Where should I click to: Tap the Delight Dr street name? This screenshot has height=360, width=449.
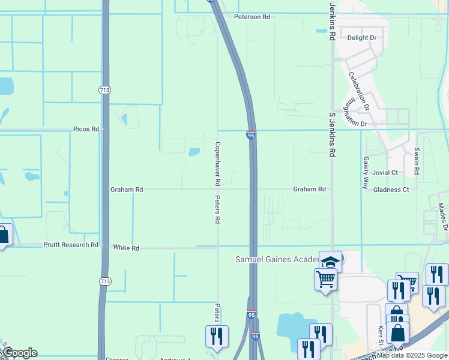click(362, 38)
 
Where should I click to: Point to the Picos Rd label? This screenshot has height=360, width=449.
click(86, 129)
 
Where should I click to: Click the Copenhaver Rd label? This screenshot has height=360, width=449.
click(218, 163)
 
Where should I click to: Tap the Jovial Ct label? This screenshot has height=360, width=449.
click(385, 173)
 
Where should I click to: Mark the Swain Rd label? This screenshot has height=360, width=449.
click(417, 161)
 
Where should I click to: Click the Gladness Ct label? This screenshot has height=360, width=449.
click(391, 190)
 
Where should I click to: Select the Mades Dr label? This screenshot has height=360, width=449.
click(442, 217)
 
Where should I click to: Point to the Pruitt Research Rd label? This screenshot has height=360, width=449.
click(70, 245)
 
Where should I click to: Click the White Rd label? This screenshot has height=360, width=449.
click(126, 248)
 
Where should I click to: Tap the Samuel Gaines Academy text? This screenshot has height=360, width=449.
click(276, 259)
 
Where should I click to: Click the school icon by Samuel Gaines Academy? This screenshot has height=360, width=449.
click(330, 262)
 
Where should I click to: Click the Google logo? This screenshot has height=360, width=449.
click(19, 353)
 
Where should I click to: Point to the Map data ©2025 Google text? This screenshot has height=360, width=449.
click(412, 355)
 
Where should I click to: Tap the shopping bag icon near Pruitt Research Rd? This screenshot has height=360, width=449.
click(3, 235)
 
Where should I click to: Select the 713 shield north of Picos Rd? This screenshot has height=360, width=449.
click(104, 89)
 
